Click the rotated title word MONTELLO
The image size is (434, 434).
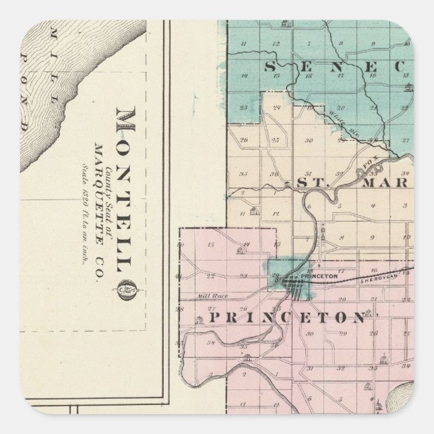(125, 188)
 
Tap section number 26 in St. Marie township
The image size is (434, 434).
(243, 141)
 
